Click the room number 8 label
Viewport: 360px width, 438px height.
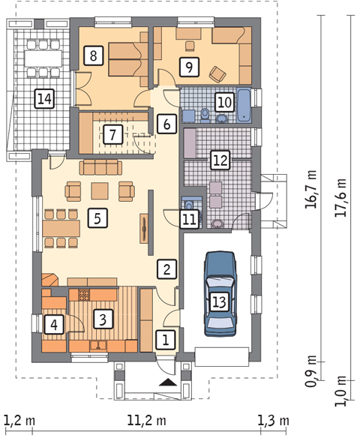tap(93, 55)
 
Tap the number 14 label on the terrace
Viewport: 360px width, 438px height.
tap(44, 98)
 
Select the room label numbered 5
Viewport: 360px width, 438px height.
tap(97, 218)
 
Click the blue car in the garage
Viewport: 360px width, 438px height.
tap(220, 293)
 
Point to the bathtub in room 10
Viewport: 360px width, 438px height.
tap(244, 105)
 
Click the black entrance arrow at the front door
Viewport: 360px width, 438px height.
tap(168, 382)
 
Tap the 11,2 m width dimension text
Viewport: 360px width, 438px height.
tap(146, 421)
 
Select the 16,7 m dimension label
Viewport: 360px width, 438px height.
tap(310, 189)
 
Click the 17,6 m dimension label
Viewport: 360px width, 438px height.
tap(340, 198)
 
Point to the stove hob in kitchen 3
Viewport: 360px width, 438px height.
tap(83, 295)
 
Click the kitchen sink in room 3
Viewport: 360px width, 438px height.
tap(97, 346)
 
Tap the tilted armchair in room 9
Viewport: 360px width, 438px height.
tap(217, 74)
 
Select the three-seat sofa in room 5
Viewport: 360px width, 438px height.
tap(100, 167)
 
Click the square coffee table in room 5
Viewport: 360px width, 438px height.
tap(100, 190)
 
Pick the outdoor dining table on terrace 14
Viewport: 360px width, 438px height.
tap(43, 58)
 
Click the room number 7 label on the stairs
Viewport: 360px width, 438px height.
tap(112, 134)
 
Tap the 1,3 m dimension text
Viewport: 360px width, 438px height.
tap(273, 421)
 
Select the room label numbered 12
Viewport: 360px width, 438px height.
tap(220, 160)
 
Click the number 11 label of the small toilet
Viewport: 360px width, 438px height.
tap(189, 220)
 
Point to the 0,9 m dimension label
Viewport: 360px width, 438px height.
tap(310, 371)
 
